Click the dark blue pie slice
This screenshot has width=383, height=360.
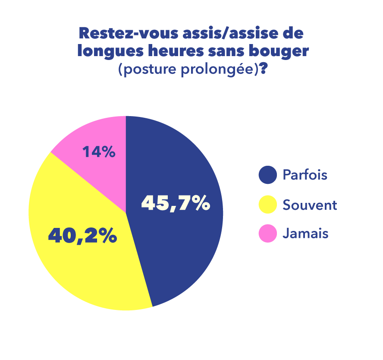tap(181, 242)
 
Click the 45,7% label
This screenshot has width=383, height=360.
tap(176, 204)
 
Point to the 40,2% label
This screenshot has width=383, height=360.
tap(82, 236)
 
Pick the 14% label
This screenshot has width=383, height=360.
tap(99, 152)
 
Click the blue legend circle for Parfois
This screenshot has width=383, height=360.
tap(267, 175)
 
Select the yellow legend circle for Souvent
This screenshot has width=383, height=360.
tap(267, 205)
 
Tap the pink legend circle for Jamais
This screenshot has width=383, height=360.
tap(267, 234)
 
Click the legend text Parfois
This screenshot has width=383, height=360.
tap(305, 175)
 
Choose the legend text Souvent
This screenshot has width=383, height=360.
tap(310, 205)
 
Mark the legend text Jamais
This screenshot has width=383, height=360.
tap(305, 234)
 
